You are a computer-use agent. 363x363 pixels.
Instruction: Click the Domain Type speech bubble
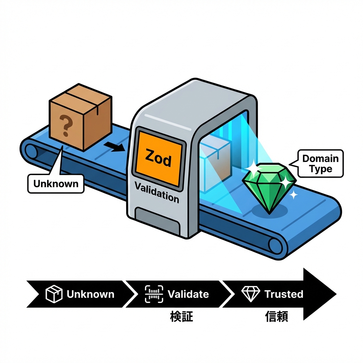click(x=320, y=163)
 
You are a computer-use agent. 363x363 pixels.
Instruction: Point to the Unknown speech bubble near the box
click(x=56, y=184)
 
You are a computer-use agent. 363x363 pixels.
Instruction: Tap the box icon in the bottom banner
click(x=54, y=294)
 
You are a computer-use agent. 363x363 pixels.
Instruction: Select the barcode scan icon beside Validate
click(x=154, y=294)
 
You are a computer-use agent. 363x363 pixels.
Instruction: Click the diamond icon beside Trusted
click(x=251, y=294)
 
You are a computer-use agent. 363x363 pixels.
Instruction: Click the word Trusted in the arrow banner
click(x=284, y=294)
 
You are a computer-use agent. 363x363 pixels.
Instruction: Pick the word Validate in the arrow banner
click(x=188, y=294)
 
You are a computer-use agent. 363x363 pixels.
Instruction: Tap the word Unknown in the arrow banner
click(x=90, y=294)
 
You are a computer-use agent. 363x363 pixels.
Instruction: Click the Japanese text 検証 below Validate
click(x=181, y=316)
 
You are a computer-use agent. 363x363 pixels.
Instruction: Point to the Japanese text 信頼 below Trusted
click(x=277, y=316)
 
